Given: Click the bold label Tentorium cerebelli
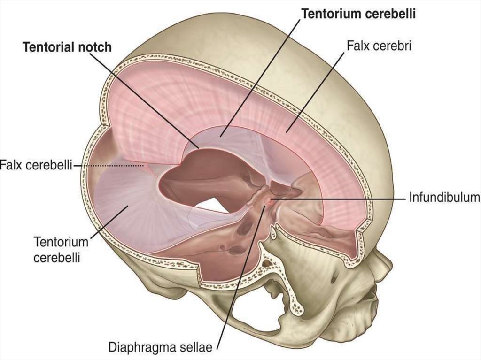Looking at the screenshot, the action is pos(359,14).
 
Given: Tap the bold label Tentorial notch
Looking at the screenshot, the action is pos(68,47).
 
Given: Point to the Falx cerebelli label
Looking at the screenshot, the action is pos(36,165).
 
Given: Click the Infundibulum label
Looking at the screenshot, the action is pos(444,197).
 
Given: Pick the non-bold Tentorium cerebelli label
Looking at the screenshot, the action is pos(61,250).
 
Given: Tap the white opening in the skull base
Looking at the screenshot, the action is pos(209,204).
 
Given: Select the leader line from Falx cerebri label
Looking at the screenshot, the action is pos(319,89).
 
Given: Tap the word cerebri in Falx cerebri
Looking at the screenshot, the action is pos(391,46).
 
